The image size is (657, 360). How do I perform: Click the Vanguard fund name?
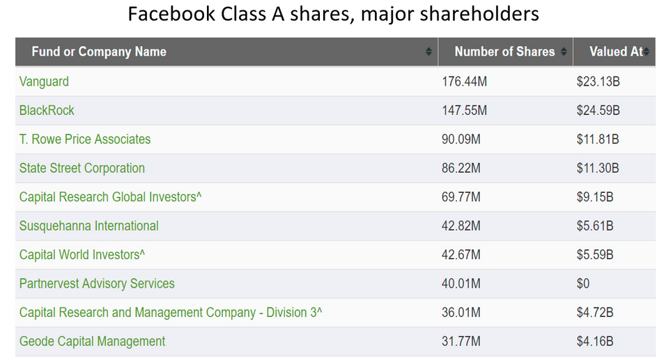pyautogui.click(x=44, y=81)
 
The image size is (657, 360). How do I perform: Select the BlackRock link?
pyautogui.click(x=47, y=110)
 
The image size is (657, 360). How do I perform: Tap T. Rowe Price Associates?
pyautogui.click(x=85, y=139)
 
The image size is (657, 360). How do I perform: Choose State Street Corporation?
pyautogui.click(x=82, y=168)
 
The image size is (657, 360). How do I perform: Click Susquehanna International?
pyautogui.click(x=89, y=226)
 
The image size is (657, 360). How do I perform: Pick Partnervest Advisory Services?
pyautogui.click(x=97, y=283)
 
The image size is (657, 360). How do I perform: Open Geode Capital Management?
pyautogui.click(x=93, y=341)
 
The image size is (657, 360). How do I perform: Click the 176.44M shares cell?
pyautogui.click(x=465, y=81)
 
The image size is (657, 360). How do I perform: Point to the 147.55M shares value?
pyautogui.click(x=465, y=110)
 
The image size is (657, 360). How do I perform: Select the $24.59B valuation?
pyautogui.click(x=598, y=110)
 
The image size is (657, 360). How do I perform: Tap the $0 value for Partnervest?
pyautogui.click(x=583, y=283)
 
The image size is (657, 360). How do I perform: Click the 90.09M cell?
pyautogui.click(x=461, y=139)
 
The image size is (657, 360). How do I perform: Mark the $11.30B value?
pyautogui.click(x=598, y=168)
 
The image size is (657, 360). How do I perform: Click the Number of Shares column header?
pyautogui.click(x=504, y=52)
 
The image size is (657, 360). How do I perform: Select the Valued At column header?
pyautogui.click(x=616, y=52)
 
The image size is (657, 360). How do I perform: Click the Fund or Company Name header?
pyautogui.click(x=99, y=52)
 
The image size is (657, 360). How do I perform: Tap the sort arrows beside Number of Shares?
pyautogui.click(x=564, y=52)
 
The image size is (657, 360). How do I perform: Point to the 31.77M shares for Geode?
pyautogui.click(x=461, y=341)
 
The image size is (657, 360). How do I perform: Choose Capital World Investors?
pyautogui.click(x=82, y=255)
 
